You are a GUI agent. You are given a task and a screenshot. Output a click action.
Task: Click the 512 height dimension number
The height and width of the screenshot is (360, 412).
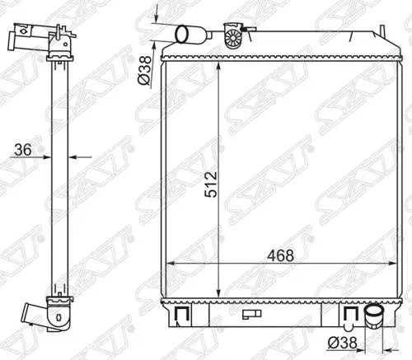[x=211, y=185]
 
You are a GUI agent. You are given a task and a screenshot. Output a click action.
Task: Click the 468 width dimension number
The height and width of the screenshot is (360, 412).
[x=280, y=255]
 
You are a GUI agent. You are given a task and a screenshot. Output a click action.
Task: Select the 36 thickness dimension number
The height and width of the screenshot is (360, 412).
[x=23, y=150]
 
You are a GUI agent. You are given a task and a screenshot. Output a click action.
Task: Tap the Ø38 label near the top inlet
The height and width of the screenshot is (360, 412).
[x=144, y=70]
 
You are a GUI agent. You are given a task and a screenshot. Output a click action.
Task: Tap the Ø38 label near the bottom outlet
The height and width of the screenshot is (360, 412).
[x=342, y=343]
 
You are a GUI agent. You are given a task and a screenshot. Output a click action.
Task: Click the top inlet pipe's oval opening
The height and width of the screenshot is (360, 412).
[x=181, y=34]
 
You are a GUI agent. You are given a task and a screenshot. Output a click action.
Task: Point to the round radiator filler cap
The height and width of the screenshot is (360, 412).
[x=233, y=36]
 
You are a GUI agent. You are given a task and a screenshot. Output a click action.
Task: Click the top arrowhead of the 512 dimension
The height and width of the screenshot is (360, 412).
[x=218, y=66]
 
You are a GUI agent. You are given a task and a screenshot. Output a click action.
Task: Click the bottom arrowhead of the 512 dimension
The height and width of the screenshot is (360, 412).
[x=218, y=293]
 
